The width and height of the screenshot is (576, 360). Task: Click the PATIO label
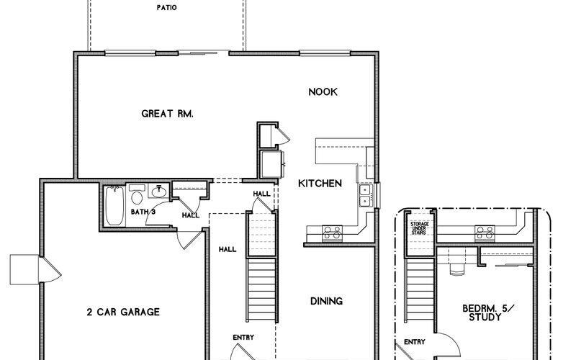[167, 9]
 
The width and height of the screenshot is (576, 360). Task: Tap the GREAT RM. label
[168, 113]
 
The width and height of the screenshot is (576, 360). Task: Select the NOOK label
[323, 92]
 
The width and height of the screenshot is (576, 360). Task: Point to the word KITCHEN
[320, 184]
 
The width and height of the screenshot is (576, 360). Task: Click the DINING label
[326, 301]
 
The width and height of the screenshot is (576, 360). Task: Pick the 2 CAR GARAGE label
[123, 312]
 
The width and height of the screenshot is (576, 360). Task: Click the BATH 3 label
[143, 212]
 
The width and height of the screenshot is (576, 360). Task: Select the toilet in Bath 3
[136, 196]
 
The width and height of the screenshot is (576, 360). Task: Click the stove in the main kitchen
[333, 233]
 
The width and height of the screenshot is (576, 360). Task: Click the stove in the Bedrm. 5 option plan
[482, 232]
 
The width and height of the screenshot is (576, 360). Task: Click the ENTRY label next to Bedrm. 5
[414, 342]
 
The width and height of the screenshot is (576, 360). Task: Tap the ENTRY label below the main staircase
[243, 337]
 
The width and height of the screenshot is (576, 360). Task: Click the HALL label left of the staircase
[227, 249]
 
